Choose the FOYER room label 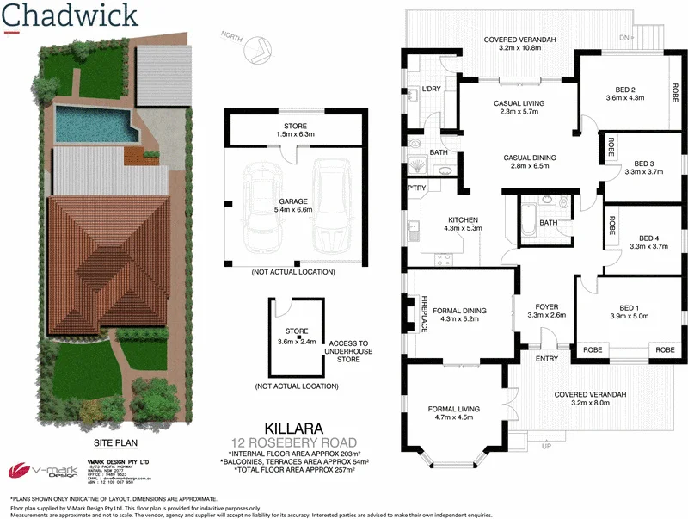tap(547, 305)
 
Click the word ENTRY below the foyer tap(546, 358)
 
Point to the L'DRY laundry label tap(431, 90)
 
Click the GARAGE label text tap(290, 201)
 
